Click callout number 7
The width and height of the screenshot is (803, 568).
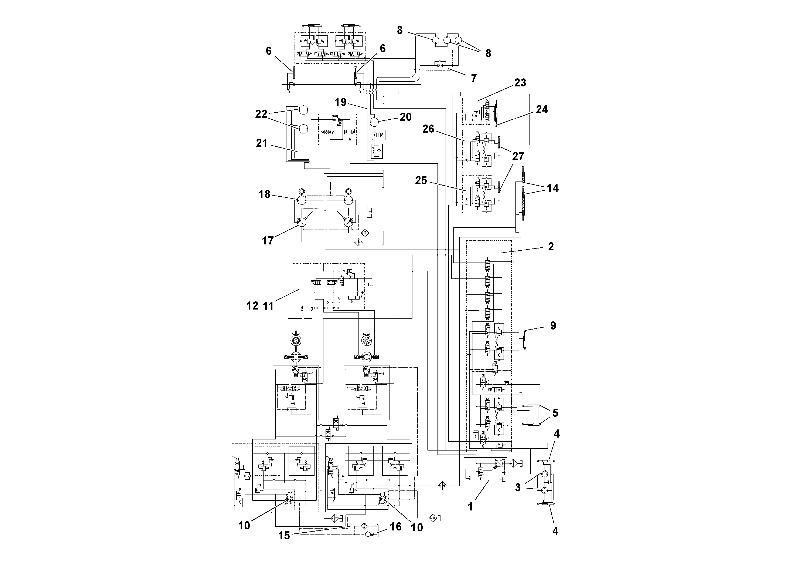click(x=474, y=78)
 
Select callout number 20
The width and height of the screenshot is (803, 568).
click(x=405, y=117)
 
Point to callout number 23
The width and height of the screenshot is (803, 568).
click(x=520, y=83)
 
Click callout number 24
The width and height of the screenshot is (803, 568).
click(x=541, y=109)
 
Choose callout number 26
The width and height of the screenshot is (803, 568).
click(x=428, y=129)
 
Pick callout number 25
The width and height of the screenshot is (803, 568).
click(x=421, y=180)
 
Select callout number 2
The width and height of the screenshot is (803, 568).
click(x=551, y=247)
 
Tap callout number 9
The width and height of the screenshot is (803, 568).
click(x=553, y=326)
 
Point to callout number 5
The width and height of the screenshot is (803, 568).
click(x=555, y=413)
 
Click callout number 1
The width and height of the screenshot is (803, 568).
click(x=470, y=507)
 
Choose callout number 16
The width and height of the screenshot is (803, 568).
click(x=395, y=527)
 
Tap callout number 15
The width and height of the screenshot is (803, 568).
click(x=284, y=535)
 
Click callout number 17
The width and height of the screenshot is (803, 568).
click(x=268, y=241)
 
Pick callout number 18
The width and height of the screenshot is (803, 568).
click(x=264, y=194)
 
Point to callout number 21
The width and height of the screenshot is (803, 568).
click(x=261, y=143)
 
